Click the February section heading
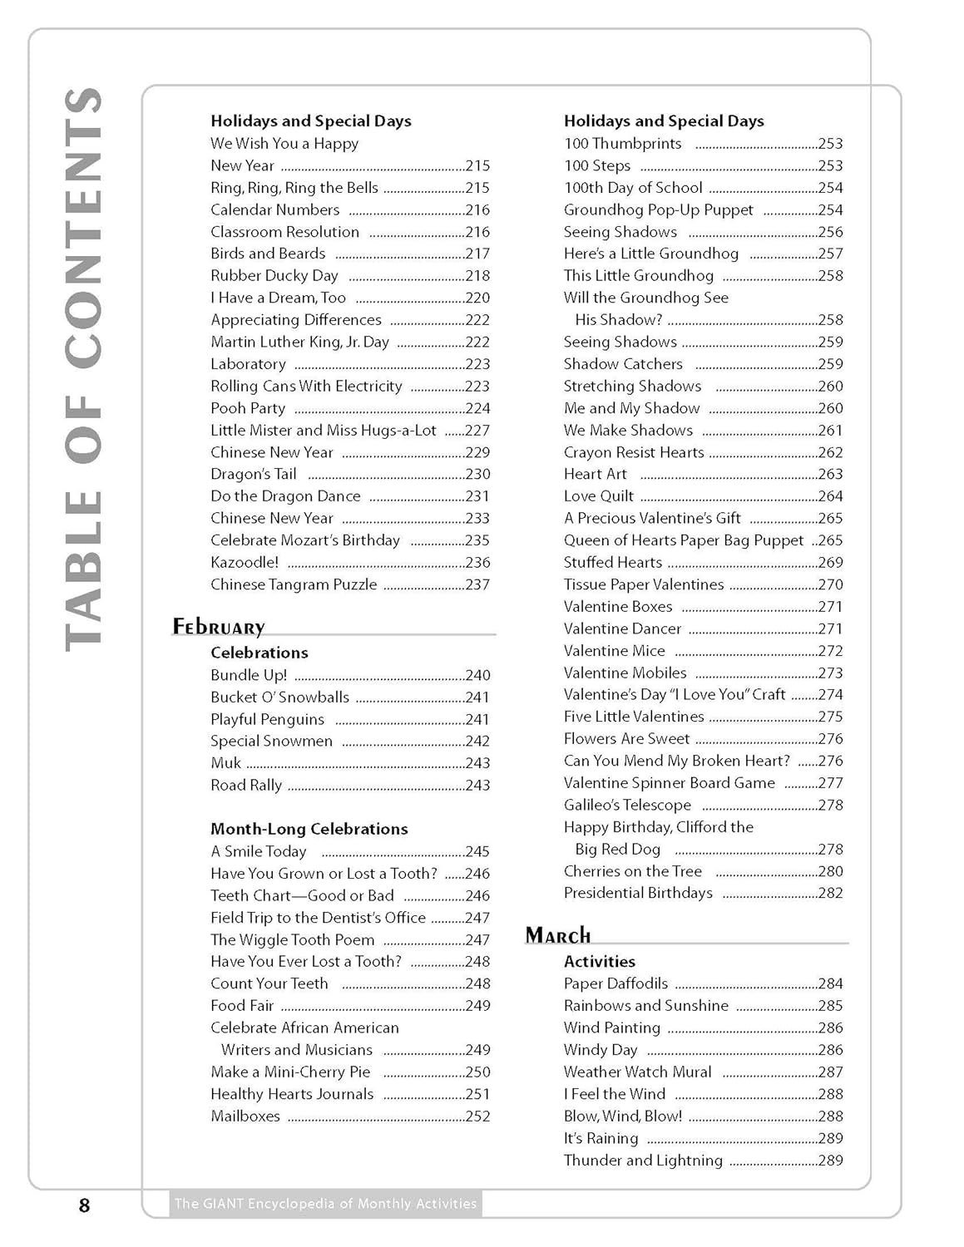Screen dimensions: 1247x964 pyautogui.click(x=219, y=627)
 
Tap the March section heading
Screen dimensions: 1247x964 pyautogui.click(x=558, y=935)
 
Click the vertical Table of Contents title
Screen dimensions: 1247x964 pyautogui.click(x=84, y=368)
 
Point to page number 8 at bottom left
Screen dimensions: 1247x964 pyautogui.click(x=84, y=1205)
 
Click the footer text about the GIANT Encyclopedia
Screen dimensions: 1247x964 pyautogui.click(x=325, y=1203)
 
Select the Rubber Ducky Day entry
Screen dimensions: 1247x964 pyautogui.click(x=274, y=276)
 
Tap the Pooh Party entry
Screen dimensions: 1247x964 pyautogui.click(x=248, y=408)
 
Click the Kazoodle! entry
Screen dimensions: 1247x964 pyautogui.click(x=245, y=563)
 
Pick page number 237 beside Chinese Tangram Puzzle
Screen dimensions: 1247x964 pyautogui.click(x=477, y=585)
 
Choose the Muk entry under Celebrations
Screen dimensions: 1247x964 pyautogui.click(x=225, y=763)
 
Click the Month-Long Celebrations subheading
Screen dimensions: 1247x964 pyautogui.click(x=309, y=829)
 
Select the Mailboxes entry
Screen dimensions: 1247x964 pyautogui.click(x=245, y=1116)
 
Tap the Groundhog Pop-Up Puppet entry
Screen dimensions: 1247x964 pyautogui.click(x=659, y=210)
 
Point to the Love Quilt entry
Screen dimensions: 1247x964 pyautogui.click(x=599, y=496)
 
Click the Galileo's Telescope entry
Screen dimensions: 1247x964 pyautogui.click(x=627, y=805)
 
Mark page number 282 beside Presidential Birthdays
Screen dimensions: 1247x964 pyautogui.click(x=830, y=894)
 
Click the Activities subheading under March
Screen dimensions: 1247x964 pyautogui.click(x=600, y=962)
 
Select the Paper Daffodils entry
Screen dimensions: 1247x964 pyautogui.click(x=615, y=983)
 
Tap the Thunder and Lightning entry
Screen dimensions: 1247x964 pyautogui.click(x=643, y=1161)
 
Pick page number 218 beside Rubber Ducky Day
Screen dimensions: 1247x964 pyautogui.click(x=477, y=276)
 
